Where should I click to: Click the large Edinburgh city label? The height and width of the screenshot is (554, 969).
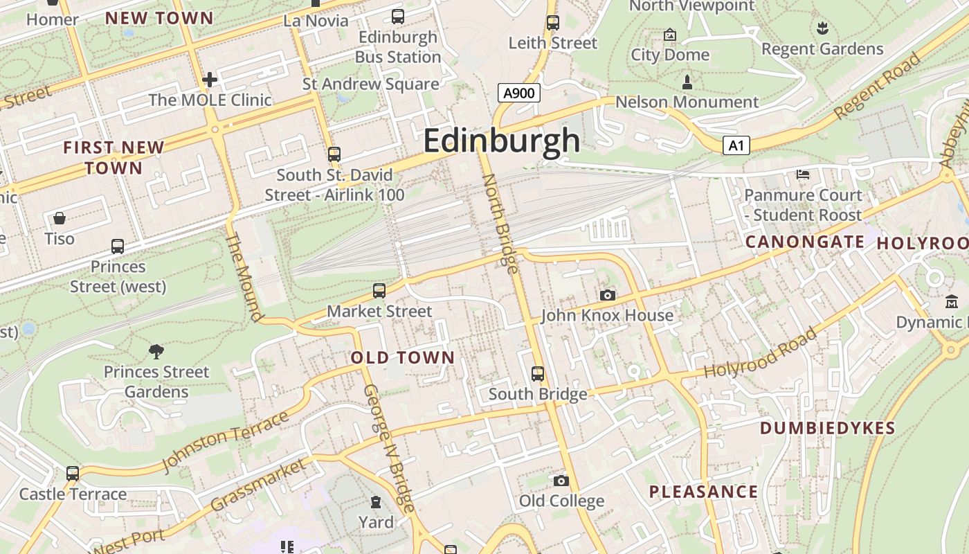(501, 141)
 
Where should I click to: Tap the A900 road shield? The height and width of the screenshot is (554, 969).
(518, 93)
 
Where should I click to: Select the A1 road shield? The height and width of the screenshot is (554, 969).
(736, 145)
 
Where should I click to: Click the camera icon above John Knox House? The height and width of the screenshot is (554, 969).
(607, 296)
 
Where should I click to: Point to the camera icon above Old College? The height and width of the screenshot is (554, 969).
(561, 481)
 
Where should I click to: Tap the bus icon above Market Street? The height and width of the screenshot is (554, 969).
(379, 291)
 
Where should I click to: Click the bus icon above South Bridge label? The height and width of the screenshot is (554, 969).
(538, 374)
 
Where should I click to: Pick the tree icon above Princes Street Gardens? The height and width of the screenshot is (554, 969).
(156, 352)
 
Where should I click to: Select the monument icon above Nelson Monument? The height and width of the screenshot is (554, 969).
(687, 82)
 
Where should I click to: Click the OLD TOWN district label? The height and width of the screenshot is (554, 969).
(402, 358)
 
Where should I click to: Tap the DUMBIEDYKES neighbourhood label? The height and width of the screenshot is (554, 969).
(827, 428)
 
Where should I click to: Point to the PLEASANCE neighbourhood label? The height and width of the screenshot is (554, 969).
(703, 492)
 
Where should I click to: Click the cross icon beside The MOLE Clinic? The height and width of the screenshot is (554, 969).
(210, 80)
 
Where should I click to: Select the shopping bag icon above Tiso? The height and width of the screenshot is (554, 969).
(60, 219)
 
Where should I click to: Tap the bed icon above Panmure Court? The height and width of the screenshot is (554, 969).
(803, 175)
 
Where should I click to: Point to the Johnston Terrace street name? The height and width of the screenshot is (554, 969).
(225, 440)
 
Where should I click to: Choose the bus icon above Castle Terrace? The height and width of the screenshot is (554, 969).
(73, 474)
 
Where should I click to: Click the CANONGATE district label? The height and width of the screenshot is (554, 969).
(804, 242)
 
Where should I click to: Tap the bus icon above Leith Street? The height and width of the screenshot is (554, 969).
(552, 22)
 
